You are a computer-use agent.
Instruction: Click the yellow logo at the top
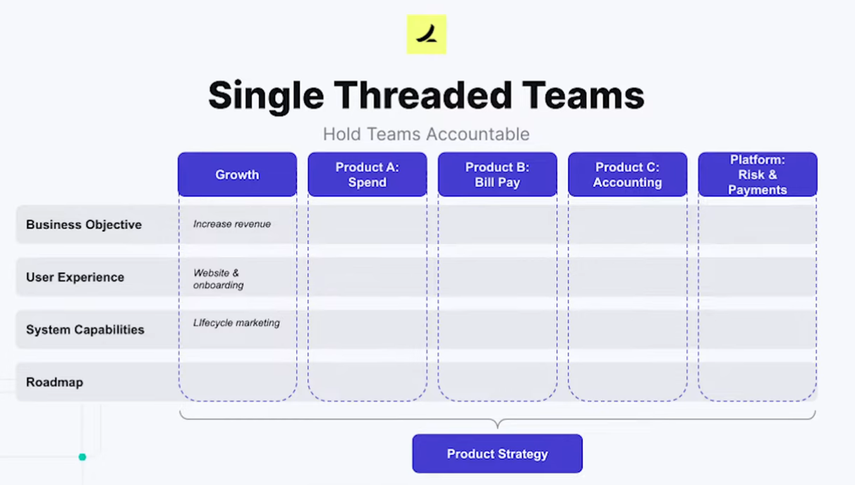[426, 35]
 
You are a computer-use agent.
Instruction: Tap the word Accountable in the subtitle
[478, 134]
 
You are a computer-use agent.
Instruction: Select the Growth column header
[237, 174]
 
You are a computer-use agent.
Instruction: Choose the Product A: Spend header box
[368, 174]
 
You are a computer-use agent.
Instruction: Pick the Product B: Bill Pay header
[497, 174]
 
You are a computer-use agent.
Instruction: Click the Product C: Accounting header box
[628, 174]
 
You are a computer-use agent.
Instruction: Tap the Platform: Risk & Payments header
[758, 174]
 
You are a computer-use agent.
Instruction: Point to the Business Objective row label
[84, 224]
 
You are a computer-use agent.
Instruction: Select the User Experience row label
[75, 277]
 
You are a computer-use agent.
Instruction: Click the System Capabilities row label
[85, 329]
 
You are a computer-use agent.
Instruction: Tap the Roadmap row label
[54, 382]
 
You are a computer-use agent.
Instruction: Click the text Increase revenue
[232, 224]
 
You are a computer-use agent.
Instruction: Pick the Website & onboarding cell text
[218, 279]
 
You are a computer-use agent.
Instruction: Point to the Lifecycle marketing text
[236, 323]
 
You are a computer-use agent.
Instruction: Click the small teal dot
[82, 457]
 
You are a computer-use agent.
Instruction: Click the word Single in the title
[266, 96]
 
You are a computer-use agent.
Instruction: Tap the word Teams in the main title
[583, 95]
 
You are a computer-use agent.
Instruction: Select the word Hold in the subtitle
[342, 134]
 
